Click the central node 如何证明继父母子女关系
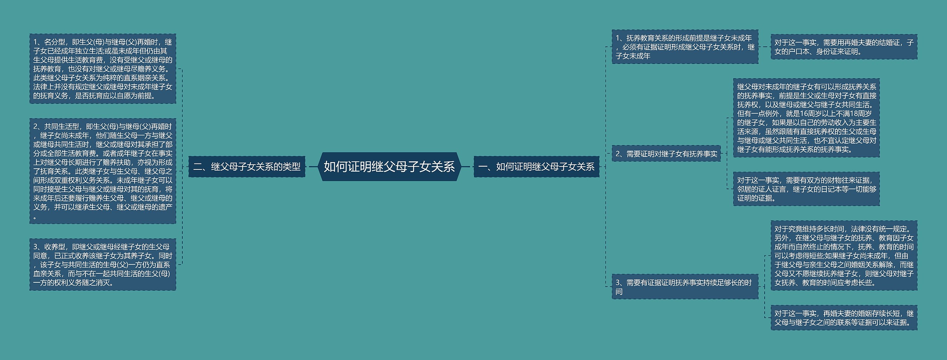(x=389, y=167)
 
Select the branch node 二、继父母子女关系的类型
(x=247, y=167)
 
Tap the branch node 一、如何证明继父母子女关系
(x=536, y=167)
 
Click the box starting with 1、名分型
(x=102, y=69)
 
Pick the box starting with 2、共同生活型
(x=102, y=171)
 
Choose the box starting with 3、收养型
(x=102, y=264)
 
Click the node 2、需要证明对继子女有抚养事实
(x=666, y=154)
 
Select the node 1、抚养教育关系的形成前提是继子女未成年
(x=685, y=47)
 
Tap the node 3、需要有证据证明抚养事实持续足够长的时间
(x=685, y=287)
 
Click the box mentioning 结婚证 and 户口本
(x=844, y=47)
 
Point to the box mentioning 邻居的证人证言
(x=806, y=189)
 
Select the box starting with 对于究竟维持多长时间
(x=844, y=256)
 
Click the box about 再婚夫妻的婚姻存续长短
(x=844, y=318)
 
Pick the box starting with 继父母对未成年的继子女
(x=806, y=118)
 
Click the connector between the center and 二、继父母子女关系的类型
(x=312, y=167)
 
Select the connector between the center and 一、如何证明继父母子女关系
(x=466, y=167)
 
